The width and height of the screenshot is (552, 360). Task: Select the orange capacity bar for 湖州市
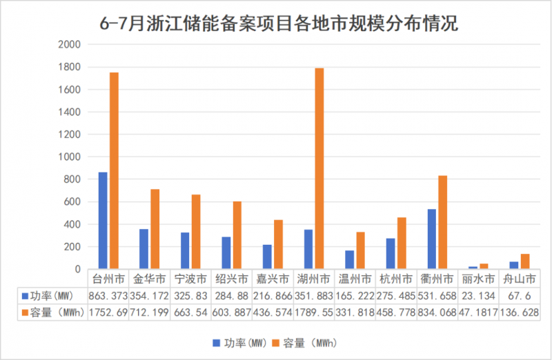[x=319, y=168]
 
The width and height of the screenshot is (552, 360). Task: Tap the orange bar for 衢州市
[x=442, y=222]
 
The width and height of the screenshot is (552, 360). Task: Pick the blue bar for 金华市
[x=144, y=249]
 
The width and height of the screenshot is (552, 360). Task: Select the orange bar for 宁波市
[x=196, y=232]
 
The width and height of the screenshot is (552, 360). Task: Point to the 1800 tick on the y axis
[x=72, y=67]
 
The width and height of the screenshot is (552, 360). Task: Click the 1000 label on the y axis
[x=72, y=157]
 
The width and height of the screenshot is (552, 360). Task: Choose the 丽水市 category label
[x=478, y=279]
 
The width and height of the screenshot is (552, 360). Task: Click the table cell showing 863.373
[x=110, y=295]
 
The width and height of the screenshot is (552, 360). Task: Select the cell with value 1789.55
[x=315, y=312]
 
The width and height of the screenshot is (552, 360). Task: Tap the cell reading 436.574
[x=273, y=312]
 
